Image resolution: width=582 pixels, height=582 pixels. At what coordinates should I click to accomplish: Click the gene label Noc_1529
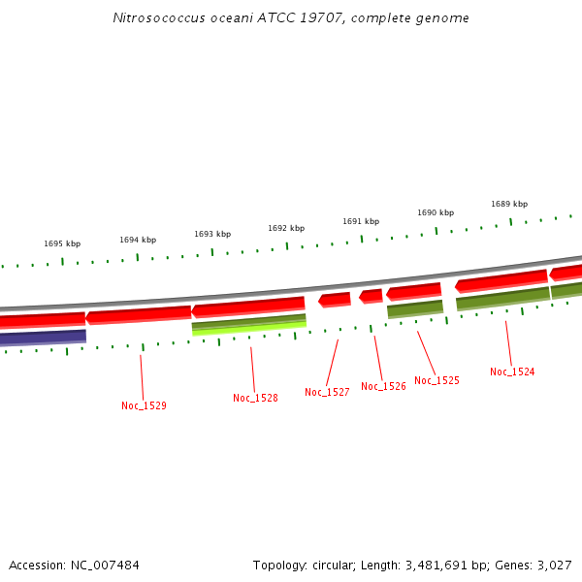click(144, 405)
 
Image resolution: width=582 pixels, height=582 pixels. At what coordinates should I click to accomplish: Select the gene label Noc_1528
click(255, 398)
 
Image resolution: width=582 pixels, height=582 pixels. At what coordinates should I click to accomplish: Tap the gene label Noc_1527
click(327, 392)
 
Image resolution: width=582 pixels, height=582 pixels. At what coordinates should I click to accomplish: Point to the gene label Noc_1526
click(383, 386)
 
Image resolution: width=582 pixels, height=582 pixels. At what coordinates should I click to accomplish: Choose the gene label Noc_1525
click(436, 380)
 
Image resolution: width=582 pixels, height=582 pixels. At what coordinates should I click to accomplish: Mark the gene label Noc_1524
click(512, 372)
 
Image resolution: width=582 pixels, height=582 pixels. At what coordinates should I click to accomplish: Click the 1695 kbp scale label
click(62, 243)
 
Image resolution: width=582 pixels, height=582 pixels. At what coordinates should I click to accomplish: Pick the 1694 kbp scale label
click(138, 240)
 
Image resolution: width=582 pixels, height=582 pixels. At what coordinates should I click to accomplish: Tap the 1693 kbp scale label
click(212, 234)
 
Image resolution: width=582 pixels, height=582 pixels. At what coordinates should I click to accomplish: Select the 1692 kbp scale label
click(286, 228)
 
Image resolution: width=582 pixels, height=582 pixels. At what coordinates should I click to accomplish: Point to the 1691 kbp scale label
click(361, 221)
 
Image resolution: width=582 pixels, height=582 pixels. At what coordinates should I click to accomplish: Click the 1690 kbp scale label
click(436, 212)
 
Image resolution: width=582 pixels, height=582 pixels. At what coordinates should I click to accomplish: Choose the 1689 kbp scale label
click(509, 204)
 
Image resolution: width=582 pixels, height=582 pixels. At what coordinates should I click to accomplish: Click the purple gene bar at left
click(43, 338)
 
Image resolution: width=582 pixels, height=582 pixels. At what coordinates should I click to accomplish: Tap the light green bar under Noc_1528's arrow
click(249, 329)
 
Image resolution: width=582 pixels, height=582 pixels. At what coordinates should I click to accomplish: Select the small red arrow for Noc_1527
click(335, 300)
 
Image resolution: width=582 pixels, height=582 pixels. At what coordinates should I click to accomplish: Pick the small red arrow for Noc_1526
click(372, 296)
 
